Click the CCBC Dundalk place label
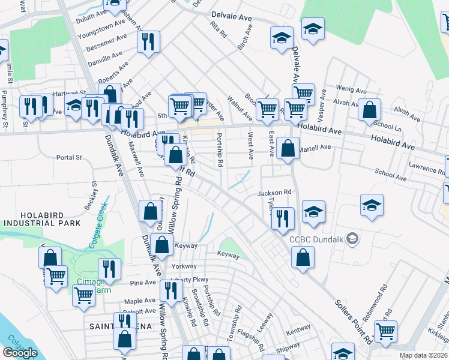tap(318, 239)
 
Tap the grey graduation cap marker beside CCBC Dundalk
tap(353, 239)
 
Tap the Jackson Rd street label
tap(274, 193)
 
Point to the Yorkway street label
tap(184, 266)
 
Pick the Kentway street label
tap(298, 329)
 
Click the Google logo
tap(20, 353)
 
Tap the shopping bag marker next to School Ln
tap(369, 109)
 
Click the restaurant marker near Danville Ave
tap(147, 43)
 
